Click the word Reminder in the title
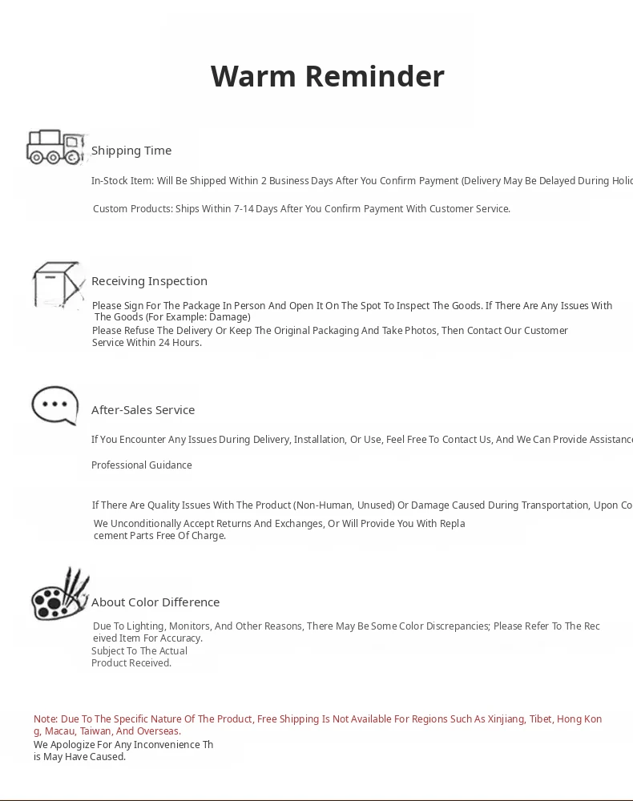pos(374,76)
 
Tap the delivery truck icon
pos(55,147)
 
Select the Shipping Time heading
pos(131,151)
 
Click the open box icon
pos(58,284)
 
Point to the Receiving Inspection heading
pos(149,281)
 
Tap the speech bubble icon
pos(54,405)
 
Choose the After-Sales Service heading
pos(143,410)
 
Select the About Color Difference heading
pos(155,602)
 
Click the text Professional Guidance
pos(142,465)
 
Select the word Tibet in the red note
pos(540,719)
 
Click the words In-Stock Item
pos(121,181)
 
